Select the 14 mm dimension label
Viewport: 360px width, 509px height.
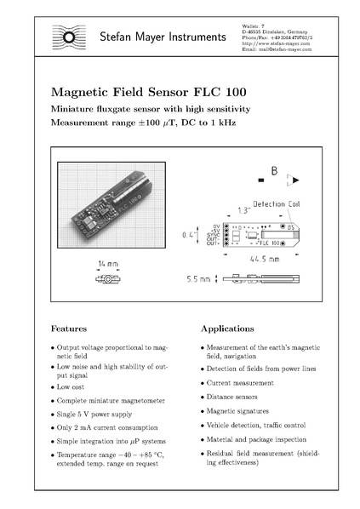[107, 265]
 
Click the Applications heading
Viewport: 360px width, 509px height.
[230, 327]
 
